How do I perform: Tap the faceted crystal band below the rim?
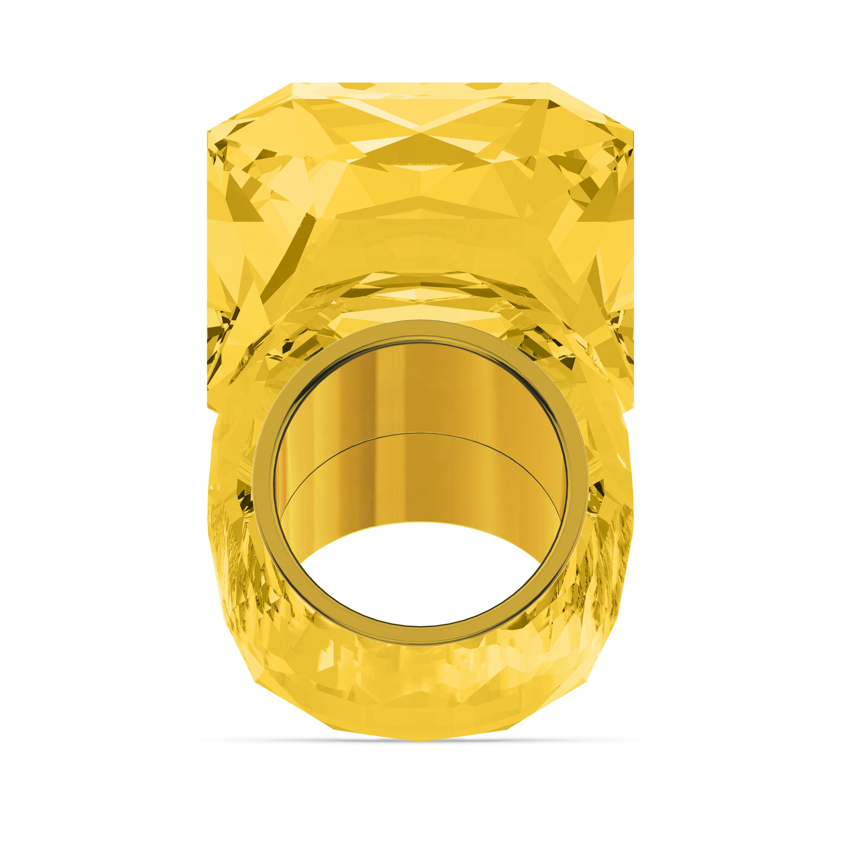click(x=420, y=670)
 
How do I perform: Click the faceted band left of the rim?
click(x=231, y=544)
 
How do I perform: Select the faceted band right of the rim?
click(x=609, y=544)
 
